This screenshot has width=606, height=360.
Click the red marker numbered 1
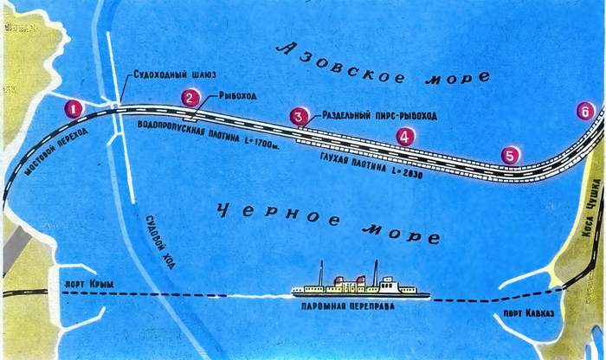[x=74, y=109]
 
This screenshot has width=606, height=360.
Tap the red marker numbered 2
[x=188, y=98]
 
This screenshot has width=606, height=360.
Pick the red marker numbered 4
[x=403, y=136]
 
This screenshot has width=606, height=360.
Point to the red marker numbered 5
[x=510, y=155]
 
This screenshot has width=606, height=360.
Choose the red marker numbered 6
[x=586, y=111]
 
